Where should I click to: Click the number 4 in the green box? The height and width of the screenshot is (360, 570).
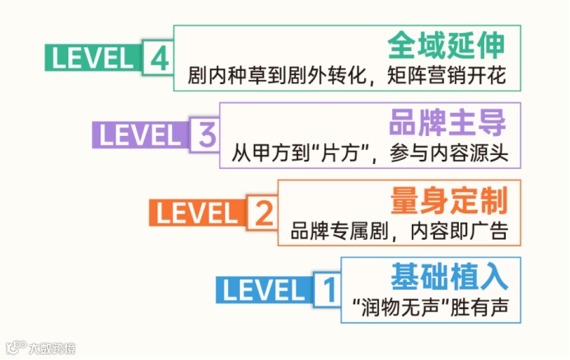coord(160,58)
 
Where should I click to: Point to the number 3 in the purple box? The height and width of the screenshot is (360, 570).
coord(205,134)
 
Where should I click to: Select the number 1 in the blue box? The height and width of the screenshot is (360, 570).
coord(327,289)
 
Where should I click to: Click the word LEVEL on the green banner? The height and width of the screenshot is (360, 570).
coord(92,58)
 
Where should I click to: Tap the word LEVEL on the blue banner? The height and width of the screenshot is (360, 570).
coord(263,289)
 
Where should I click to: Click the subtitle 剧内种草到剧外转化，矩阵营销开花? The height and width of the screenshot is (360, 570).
coord(345,77)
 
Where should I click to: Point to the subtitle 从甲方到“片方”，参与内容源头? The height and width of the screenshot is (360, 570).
coord(371,153)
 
